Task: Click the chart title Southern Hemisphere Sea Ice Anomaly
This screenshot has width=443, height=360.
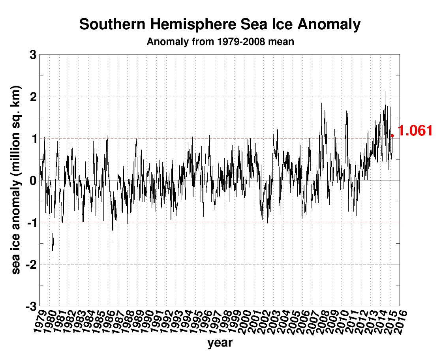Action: pos(220,24)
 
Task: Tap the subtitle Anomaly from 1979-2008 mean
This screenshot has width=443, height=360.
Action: pos(220,41)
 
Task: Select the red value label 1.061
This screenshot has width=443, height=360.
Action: pos(415,131)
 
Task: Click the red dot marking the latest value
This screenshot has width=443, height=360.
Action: pos(392,135)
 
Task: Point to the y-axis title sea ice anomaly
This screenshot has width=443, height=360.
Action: pos(16,180)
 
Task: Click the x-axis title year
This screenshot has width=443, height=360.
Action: pos(220,343)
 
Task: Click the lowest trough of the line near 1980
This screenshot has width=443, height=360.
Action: pos(53,257)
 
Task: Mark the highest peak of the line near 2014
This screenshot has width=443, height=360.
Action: pos(385,92)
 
